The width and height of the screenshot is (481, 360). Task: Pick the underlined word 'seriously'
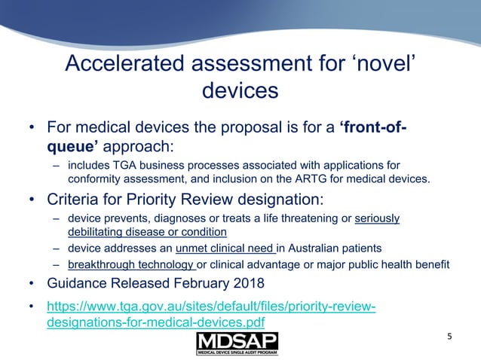[375, 219]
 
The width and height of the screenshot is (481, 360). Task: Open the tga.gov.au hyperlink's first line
[211, 307]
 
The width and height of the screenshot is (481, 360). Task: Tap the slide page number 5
[450, 337]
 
